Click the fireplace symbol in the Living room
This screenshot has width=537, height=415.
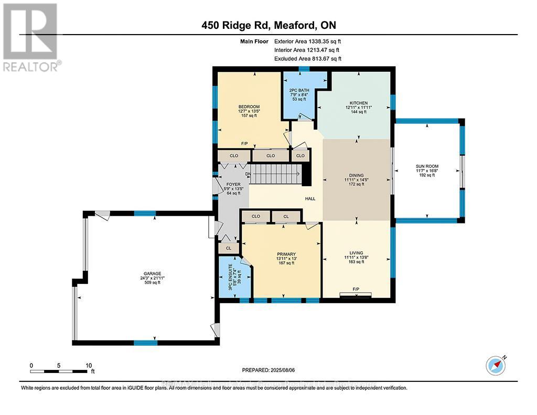tap(356, 295)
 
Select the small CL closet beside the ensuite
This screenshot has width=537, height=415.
tap(229, 248)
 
